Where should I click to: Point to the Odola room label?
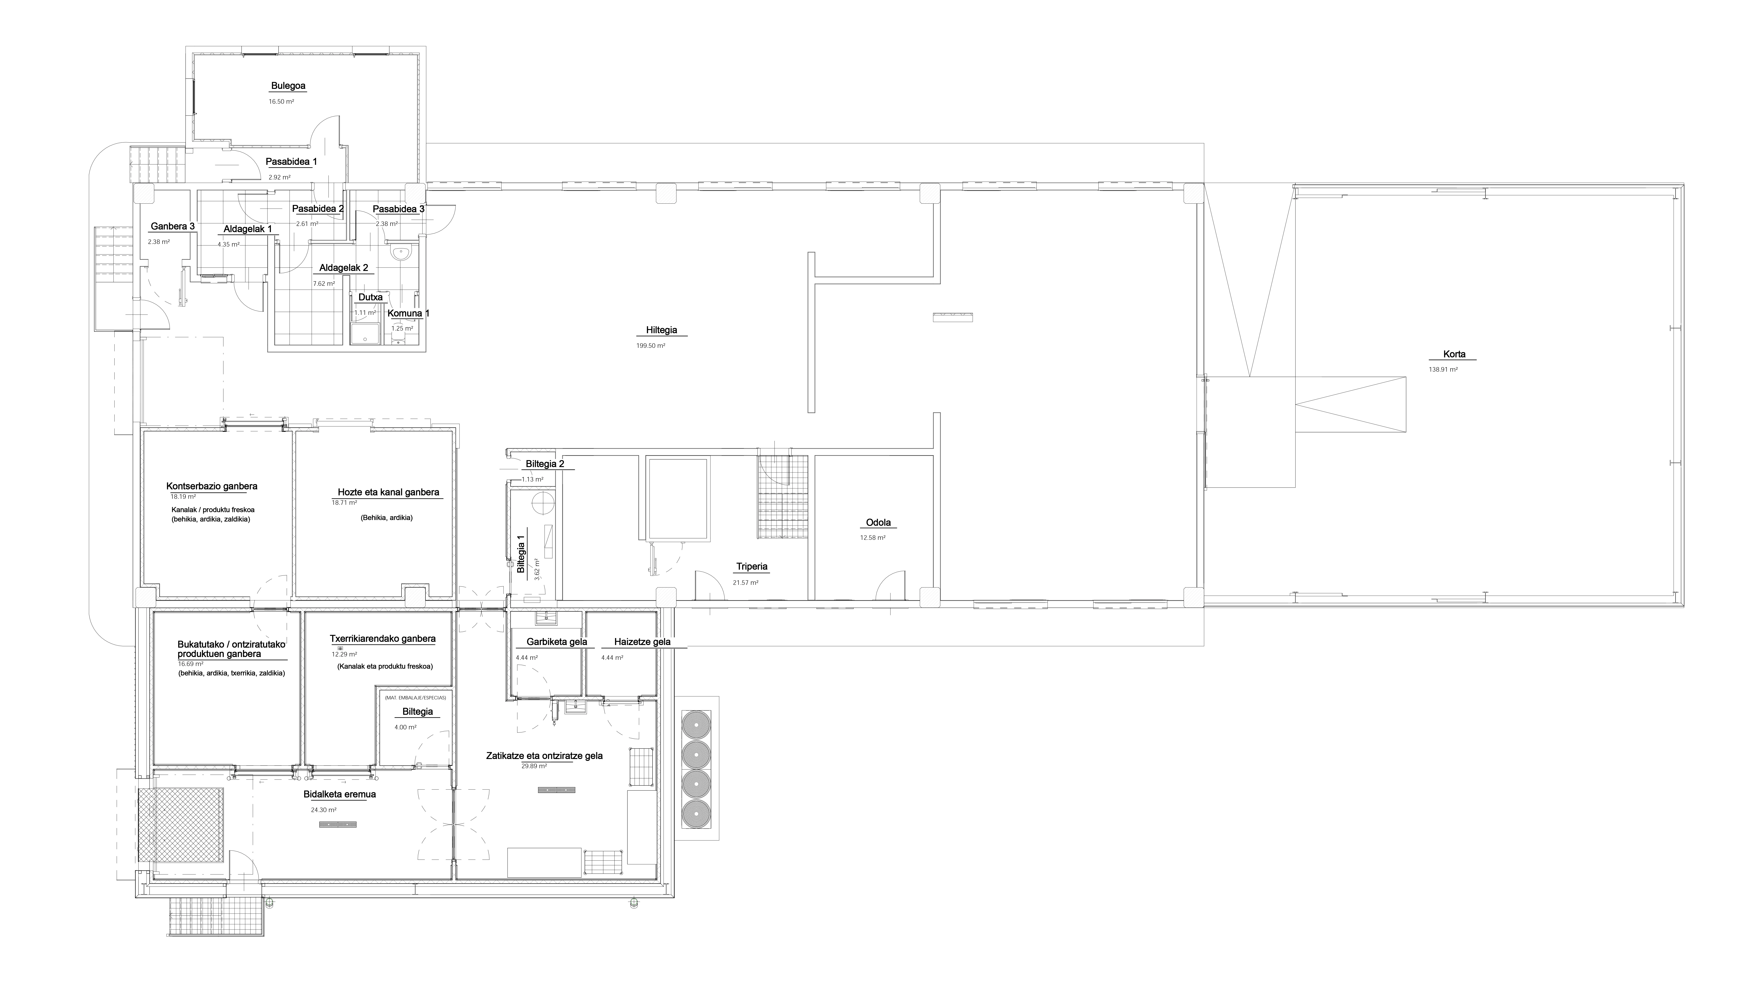(x=878, y=523)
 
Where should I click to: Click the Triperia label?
(x=751, y=567)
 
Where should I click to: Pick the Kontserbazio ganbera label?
(x=212, y=486)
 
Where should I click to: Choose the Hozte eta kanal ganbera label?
(x=389, y=493)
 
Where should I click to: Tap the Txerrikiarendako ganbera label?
(x=383, y=639)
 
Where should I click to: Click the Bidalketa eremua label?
(x=339, y=794)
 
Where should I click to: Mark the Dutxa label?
(x=371, y=297)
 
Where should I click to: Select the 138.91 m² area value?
(x=1443, y=370)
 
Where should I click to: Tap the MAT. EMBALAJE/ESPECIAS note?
(x=415, y=697)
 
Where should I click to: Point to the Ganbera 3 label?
(x=172, y=227)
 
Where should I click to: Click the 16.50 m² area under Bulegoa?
(x=281, y=101)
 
